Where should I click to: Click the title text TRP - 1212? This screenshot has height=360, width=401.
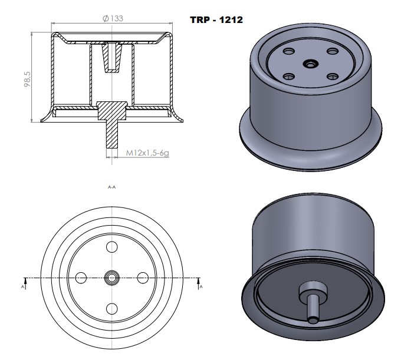click(216, 19)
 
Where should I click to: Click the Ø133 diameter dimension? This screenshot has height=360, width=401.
click(113, 18)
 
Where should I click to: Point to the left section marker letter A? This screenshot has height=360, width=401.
click(23, 287)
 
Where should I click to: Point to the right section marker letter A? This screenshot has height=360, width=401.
click(201, 287)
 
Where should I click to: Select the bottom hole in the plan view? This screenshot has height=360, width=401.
click(112, 307)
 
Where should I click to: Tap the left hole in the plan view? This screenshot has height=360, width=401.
click(81, 277)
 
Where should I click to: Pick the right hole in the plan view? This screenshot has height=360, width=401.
click(142, 277)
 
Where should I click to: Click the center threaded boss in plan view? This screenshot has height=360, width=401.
click(112, 277)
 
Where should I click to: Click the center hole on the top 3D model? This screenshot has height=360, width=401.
click(310, 63)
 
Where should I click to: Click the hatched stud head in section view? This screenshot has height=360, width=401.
click(112, 109)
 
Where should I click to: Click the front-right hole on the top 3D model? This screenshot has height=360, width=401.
click(332, 75)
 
